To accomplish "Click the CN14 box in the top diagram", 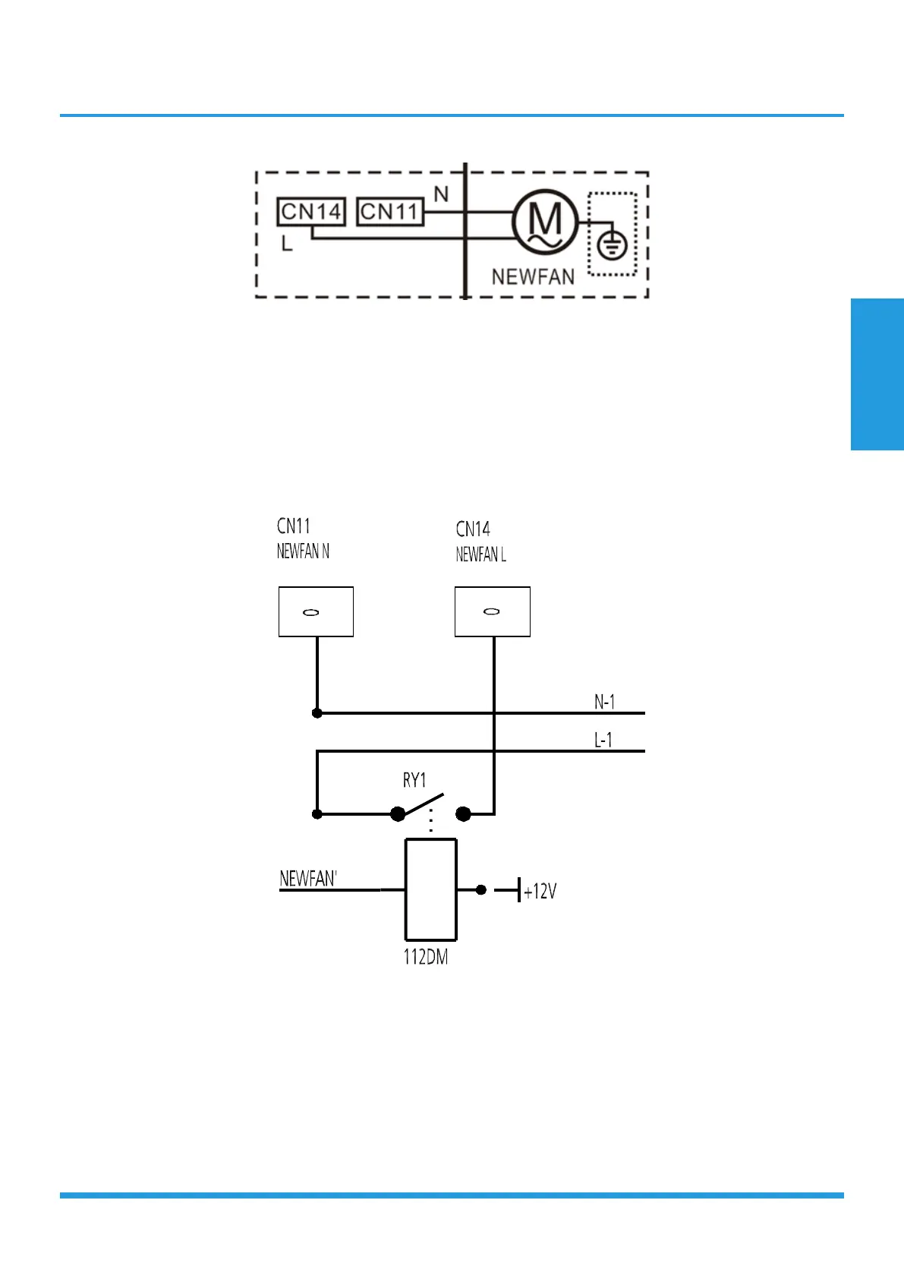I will coord(310,212).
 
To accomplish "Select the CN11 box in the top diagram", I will coord(389,212).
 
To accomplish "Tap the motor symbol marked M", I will coord(545,223).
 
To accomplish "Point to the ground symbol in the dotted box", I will coord(612,245).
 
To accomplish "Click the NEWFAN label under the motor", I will coord(533,277).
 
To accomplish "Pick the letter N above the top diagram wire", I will coord(441,194).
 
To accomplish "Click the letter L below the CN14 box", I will coord(287,244).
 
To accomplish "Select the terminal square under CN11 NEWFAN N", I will coord(316,611).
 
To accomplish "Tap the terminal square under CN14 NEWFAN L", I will coord(492,611).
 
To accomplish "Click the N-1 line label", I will coord(604,702).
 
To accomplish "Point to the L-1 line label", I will coord(603,740).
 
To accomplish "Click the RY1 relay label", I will coord(414,780).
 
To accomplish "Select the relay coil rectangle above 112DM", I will coord(430,889).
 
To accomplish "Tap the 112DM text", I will coord(425,957).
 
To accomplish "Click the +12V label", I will coord(540,891).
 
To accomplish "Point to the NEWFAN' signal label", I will coord(308,879).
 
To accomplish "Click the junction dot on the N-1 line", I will coord(317,713).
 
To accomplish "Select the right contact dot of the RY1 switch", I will coord(464,814).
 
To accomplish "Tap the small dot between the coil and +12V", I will coord(480,889).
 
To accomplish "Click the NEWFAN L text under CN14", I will coord(480,555).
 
